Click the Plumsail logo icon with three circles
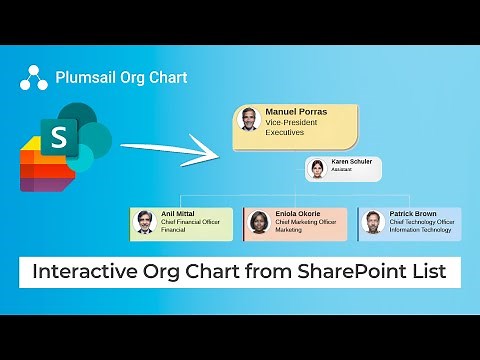tap(34, 78)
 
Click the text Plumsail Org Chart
tap(121, 77)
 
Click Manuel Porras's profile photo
tap(248, 120)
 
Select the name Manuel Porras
tap(297, 111)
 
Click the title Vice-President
tap(291, 121)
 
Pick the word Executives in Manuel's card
tap(284, 132)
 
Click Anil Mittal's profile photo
tap(145, 221)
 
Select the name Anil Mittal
tap(179, 213)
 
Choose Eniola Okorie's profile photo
tap(259, 222)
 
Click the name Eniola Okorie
tap(297, 213)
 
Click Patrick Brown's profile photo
tap(373, 222)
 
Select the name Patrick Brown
tap(411, 213)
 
